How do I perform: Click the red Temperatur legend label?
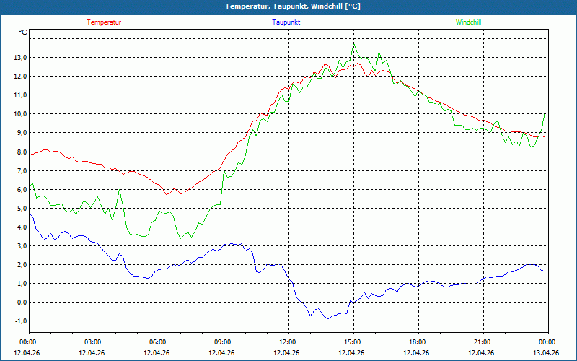coord(104,22)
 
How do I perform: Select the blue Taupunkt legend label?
coord(286,22)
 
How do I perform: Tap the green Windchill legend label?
coord(468,22)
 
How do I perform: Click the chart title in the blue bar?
coord(293,6)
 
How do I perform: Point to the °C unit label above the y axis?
coord(23,32)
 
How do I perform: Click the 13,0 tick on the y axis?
coord(20,58)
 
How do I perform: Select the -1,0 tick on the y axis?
coord(20,321)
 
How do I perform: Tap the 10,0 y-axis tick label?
coord(20,114)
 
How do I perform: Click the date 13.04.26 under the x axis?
coord(546,352)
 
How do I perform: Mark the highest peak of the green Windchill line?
coord(353,44)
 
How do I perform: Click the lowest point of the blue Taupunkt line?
coord(327,318)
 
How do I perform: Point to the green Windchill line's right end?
coord(545,113)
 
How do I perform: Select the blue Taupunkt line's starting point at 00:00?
coord(30,214)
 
